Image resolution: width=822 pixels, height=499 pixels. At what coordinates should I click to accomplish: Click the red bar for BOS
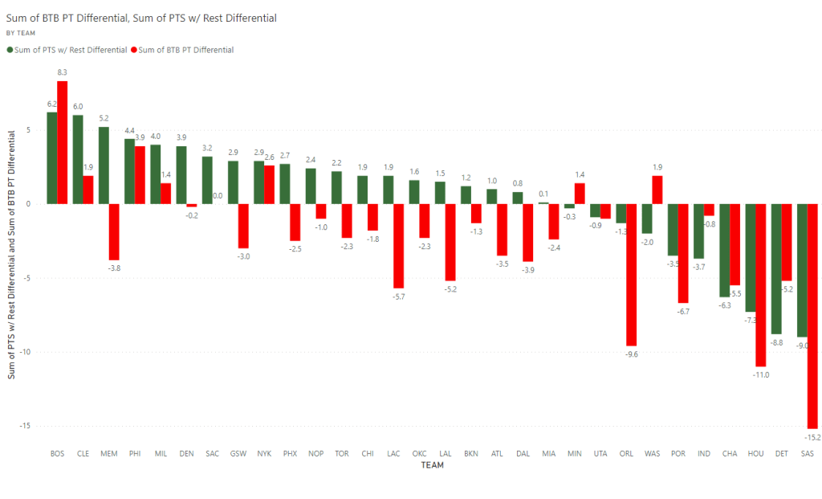tap(62, 142)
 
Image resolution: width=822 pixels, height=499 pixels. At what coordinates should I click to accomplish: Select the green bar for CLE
tap(78, 159)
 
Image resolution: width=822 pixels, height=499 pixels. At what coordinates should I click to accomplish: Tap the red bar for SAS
tap(812, 316)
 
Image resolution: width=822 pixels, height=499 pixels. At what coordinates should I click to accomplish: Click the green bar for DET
tap(776, 268)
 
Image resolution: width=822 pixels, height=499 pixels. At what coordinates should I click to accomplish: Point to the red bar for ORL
tap(632, 275)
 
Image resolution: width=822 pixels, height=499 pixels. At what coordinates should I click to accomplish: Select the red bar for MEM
tap(114, 232)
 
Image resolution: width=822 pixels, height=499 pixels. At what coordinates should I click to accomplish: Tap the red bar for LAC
tap(398, 246)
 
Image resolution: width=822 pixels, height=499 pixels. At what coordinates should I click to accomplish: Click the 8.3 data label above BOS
tap(62, 73)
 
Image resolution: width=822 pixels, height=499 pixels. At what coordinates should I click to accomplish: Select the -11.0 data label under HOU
tap(760, 374)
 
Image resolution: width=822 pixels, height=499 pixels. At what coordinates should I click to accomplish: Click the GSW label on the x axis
tap(238, 454)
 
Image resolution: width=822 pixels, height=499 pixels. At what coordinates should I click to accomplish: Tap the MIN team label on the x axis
tap(575, 454)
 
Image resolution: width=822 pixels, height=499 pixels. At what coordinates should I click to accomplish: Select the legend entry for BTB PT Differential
tap(185, 50)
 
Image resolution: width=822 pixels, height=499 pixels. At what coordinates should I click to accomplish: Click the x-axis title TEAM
tap(433, 465)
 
